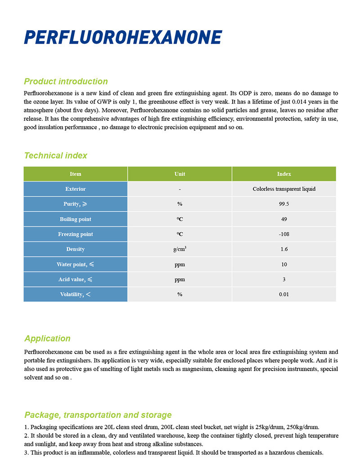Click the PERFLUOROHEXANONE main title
(x=123, y=37)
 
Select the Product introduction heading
(x=66, y=82)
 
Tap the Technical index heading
(x=55, y=156)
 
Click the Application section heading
(x=47, y=339)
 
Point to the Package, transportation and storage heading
(x=98, y=415)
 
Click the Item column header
(x=76, y=174)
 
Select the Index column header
(x=284, y=174)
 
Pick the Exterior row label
(x=76, y=189)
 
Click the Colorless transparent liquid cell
(x=284, y=189)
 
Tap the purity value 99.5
(x=284, y=204)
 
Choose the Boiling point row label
(x=76, y=219)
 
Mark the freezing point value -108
(x=284, y=234)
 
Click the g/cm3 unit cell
(x=180, y=249)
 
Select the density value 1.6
(x=284, y=249)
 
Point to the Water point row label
(x=76, y=264)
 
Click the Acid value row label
(x=76, y=279)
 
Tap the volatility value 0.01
(x=284, y=295)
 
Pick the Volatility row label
(x=76, y=295)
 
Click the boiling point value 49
(x=284, y=219)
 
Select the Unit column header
(x=180, y=174)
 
